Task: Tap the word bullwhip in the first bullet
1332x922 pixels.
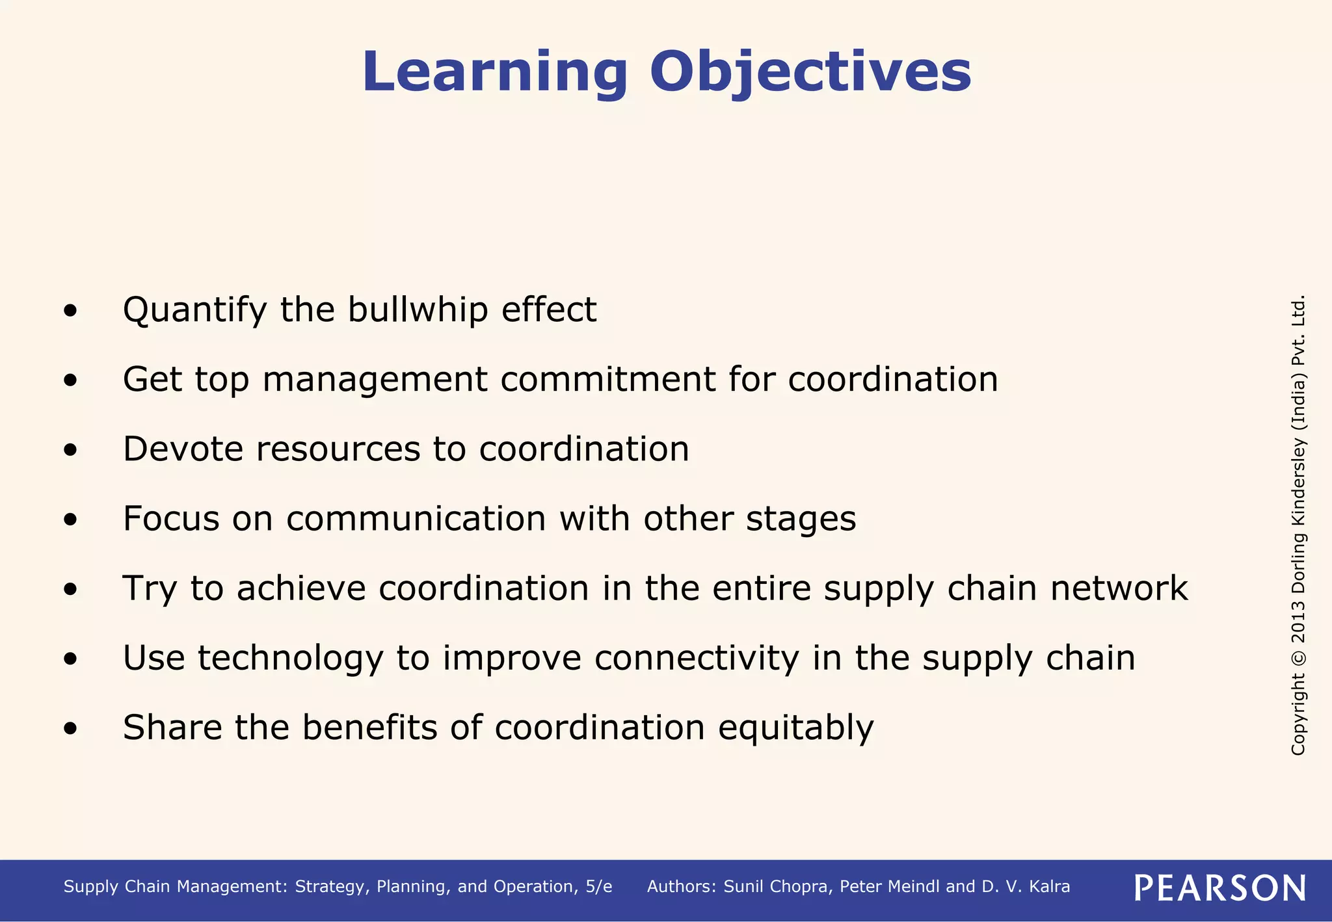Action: click(417, 310)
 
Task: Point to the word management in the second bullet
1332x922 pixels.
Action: click(375, 380)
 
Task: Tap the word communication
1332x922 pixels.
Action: click(416, 519)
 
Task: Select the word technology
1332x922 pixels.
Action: click(291, 659)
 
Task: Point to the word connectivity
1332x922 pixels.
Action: click(697, 658)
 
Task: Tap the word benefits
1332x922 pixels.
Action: click(369, 727)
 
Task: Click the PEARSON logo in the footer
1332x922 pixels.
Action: click(1220, 888)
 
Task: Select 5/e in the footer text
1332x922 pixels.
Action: click(598, 887)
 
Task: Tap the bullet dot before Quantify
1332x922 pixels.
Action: click(70, 311)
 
